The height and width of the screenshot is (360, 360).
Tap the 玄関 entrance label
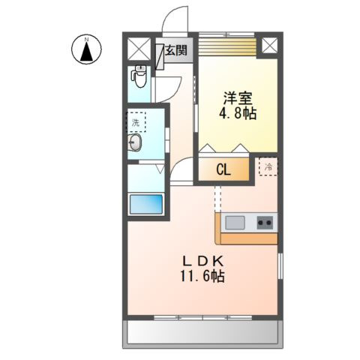click(x=177, y=51)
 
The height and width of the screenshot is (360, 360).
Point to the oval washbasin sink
click(x=136, y=145)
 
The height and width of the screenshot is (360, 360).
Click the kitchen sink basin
click(x=235, y=222)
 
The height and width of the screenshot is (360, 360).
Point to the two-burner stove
click(x=265, y=222)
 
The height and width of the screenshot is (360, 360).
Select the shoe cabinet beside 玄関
click(x=160, y=54)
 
